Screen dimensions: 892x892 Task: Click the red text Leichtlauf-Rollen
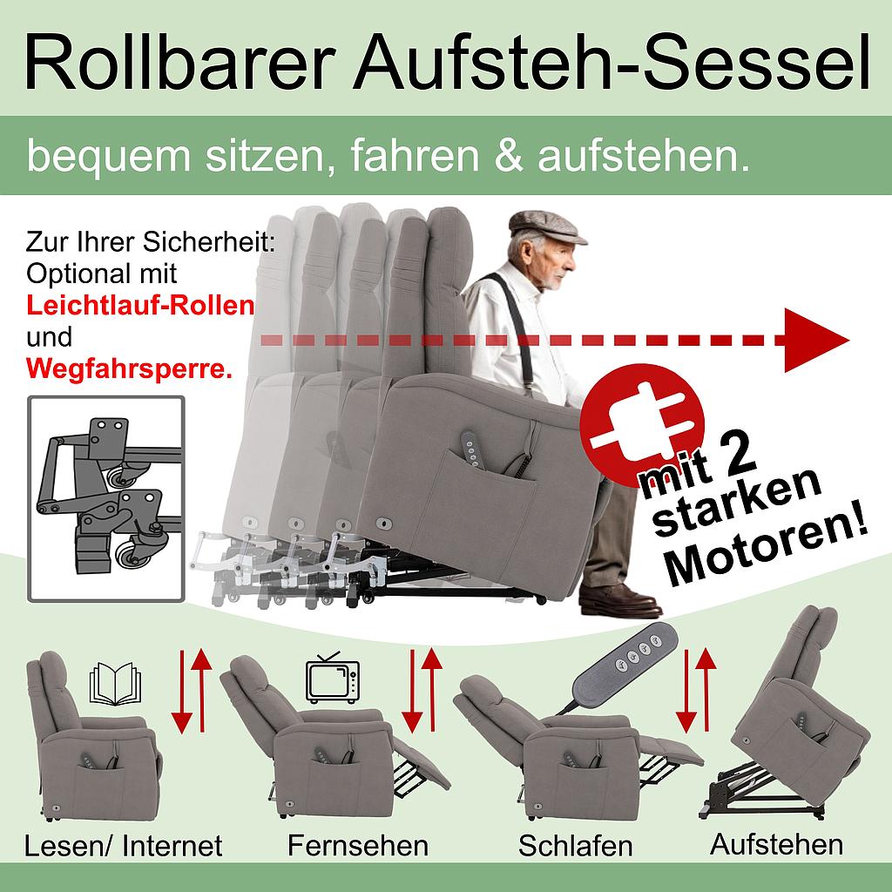[x=140, y=306]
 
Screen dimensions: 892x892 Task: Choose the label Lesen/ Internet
[x=124, y=845]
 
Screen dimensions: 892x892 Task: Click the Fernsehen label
[x=358, y=845]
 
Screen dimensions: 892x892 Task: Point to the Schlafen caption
[x=575, y=846]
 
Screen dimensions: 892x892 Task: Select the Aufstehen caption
[x=776, y=843]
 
